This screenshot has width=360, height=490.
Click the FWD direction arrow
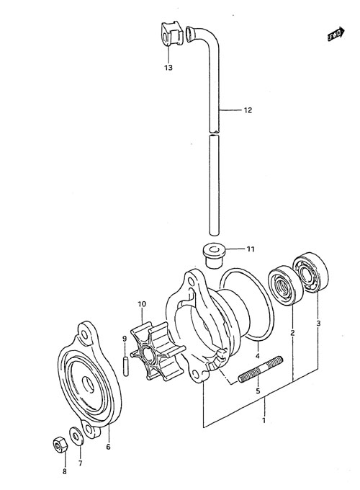[x=336, y=34]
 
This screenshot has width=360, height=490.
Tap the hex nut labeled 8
[x=60, y=444]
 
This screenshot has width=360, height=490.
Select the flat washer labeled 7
[x=76, y=435]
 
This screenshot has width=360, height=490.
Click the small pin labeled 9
[x=125, y=367]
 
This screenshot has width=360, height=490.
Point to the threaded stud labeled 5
[x=261, y=370]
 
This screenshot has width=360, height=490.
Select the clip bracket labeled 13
[x=171, y=33]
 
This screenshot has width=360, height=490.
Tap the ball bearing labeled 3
[x=310, y=272]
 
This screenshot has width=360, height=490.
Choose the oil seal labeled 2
[x=285, y=285]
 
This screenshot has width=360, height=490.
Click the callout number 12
[x=248, y=110]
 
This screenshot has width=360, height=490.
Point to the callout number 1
[x=264, y=420]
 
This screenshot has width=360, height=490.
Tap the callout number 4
[x=258, y=356]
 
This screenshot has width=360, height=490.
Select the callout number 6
[x=108, y=447]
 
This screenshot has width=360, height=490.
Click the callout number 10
[x=142, y=304]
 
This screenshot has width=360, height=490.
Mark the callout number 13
[x=168, y=68]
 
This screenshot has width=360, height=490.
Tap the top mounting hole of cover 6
[x=85, y=334]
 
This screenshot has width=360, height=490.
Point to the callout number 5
[x=258, y=391]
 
